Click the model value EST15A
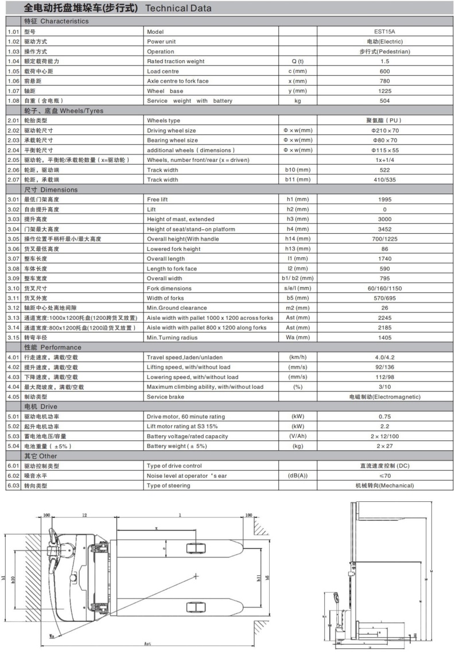(x=385, y=32)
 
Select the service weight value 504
(x=385, y=100)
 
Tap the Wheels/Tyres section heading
(x=64, y=110)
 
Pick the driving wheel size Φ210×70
(x=385, y=130)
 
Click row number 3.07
(x=13, y=258)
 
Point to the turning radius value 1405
(x=385, y=337)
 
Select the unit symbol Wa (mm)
(x=298, y=337)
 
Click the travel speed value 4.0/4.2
(x=385, y=357)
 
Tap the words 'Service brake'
(x=165, y=397)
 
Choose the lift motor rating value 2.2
(x=385, y=426)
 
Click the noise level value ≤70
(x=385, y=475)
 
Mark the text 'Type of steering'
(x=169, y=485)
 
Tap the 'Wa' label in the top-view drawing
(x=52, y=636)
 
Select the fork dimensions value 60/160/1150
(x=385, y=288)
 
